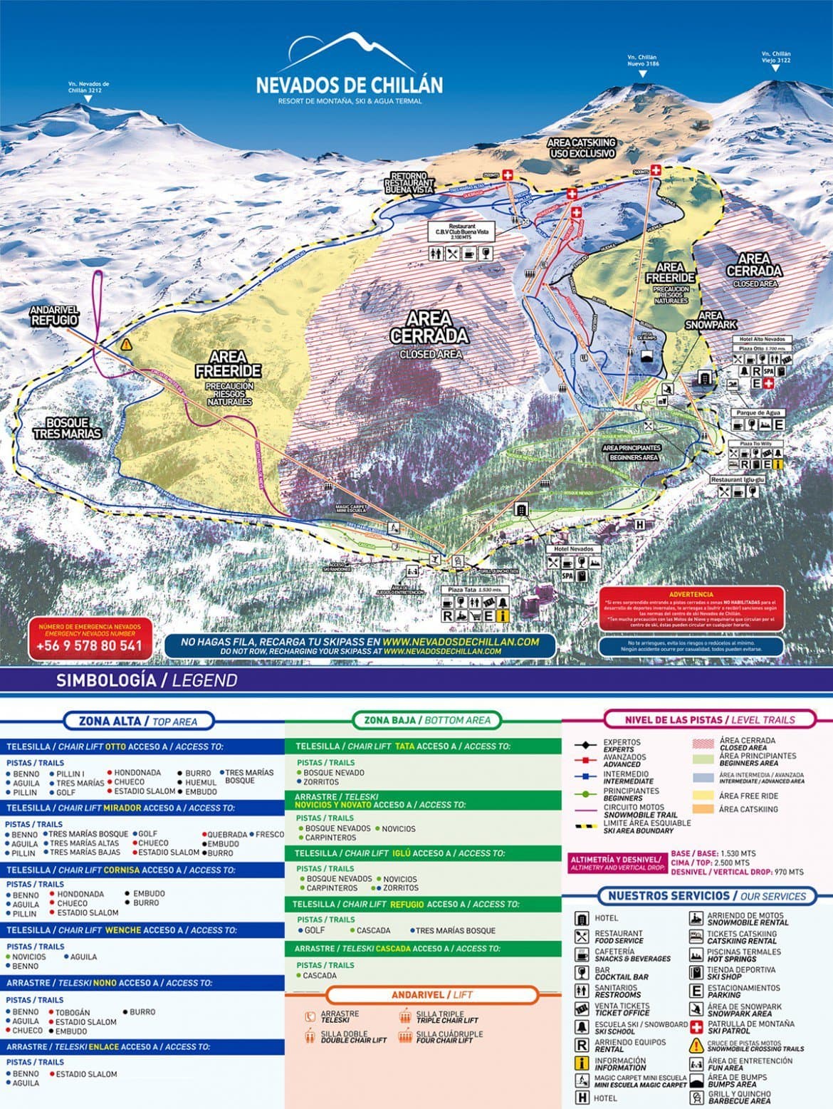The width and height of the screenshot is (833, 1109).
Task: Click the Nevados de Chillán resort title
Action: [x=349, y=85]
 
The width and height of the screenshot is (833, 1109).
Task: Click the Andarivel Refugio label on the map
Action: [x=53, y=316]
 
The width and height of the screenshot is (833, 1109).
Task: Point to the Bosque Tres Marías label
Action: [x=67, y=428]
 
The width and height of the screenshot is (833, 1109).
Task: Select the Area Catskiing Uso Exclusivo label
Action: [x=581, y=148]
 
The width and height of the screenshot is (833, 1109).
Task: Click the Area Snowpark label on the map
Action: [x=710, y=321]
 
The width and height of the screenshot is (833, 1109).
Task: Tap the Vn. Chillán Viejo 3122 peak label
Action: [x=775, y=57]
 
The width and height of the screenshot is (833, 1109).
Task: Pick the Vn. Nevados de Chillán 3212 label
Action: [x=88, y=88]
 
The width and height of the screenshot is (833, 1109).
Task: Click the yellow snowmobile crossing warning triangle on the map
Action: [x=127, y=345]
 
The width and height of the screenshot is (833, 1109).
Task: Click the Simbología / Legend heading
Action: [x=146, y=680]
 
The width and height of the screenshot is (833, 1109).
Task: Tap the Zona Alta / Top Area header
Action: [x=138, y=721]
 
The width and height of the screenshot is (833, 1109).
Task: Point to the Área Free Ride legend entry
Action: [x=748, y=796]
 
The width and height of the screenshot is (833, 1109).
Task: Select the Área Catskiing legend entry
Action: [x=748, y=809]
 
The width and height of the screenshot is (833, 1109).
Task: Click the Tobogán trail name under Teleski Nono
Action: [x=73, y=1012]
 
